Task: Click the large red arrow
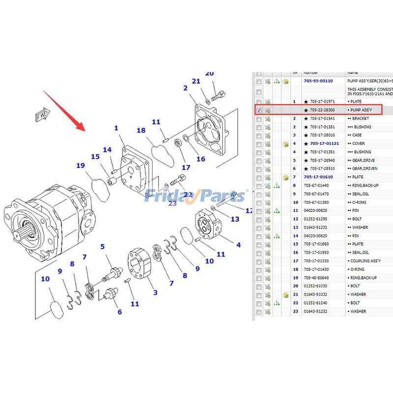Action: (64, 111)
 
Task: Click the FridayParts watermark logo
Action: (194, 196)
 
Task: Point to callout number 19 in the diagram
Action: (81, 166)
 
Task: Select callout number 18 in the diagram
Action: (141, 130)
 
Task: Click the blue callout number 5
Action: (103, 246)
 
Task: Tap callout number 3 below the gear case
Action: (155, 293)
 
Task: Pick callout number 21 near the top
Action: (196, 81)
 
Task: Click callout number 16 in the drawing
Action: (200, 159)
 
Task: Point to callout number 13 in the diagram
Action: (235, 219)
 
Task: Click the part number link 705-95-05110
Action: (318, 81)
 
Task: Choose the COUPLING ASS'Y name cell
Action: (365, 261)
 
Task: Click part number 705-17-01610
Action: (318, 177)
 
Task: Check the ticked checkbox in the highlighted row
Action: (259, 110)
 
